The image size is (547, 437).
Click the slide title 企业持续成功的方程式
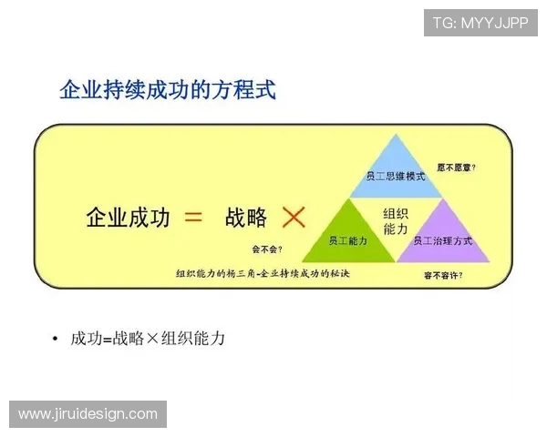pos(167,89)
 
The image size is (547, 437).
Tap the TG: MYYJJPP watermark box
pos(480,22)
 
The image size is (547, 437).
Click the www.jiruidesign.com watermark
pos(88,414)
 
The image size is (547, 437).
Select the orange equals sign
pos(192,217)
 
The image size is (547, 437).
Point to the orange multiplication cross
pos(294,217)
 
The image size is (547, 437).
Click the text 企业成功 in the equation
pos(128,218)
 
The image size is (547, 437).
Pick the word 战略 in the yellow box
pos(245,218)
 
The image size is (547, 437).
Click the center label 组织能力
pos(395,221)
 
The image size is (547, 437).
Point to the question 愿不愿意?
pos(457,168)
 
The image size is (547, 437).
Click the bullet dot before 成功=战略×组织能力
pos(56,340)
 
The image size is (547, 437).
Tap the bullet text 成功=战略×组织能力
pos(148,339)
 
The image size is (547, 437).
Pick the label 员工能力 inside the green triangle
pos(346,241)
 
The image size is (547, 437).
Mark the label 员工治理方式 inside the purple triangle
pos(443,241)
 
